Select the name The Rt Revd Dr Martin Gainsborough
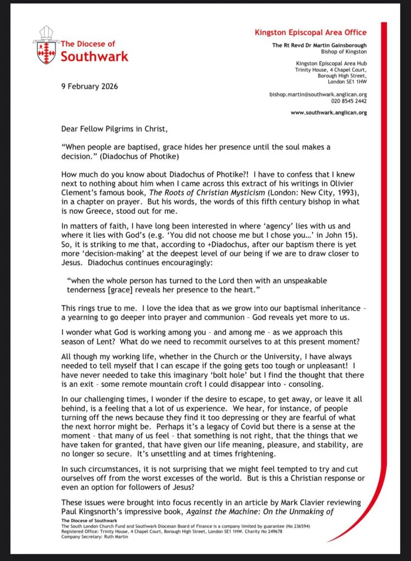click(319, 45)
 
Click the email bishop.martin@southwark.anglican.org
click(318, 94)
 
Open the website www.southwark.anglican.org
click(328, 113)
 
